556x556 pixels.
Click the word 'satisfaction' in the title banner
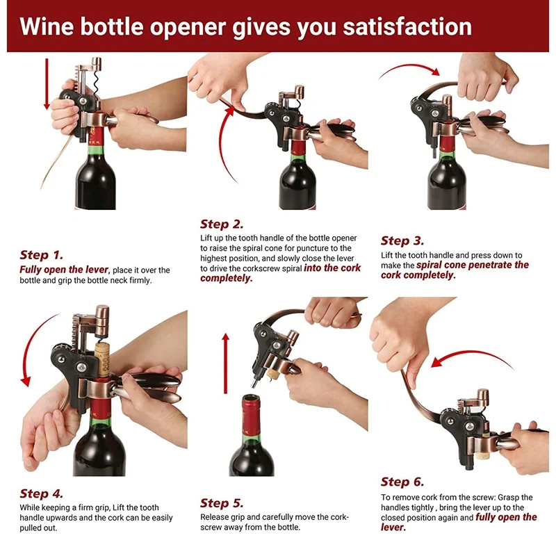(x=407, y=26)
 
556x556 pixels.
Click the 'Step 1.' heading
(x=41, y=255)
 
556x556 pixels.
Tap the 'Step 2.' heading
(x=222, y=224)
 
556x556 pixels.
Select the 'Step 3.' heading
(x=402, y=240)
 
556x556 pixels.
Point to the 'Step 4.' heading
(x=41, y=493)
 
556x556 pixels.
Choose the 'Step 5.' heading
(x=222, y=503)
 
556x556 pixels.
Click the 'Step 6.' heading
(x=402, y=482)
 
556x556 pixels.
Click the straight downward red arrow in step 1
(x=47, y=84)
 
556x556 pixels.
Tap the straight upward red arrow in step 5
(x=225, y=363)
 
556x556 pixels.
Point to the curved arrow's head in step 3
(x=435, y=72)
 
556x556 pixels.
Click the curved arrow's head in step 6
(x=438, y=362)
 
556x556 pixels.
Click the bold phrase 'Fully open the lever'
(x=64, y=270)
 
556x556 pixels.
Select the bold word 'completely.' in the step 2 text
(x=227, y=279)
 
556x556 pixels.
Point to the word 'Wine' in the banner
(x=46, y=26)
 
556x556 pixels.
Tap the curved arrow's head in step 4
(x=26, y=382)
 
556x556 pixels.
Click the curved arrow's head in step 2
(x=231, y=111)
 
